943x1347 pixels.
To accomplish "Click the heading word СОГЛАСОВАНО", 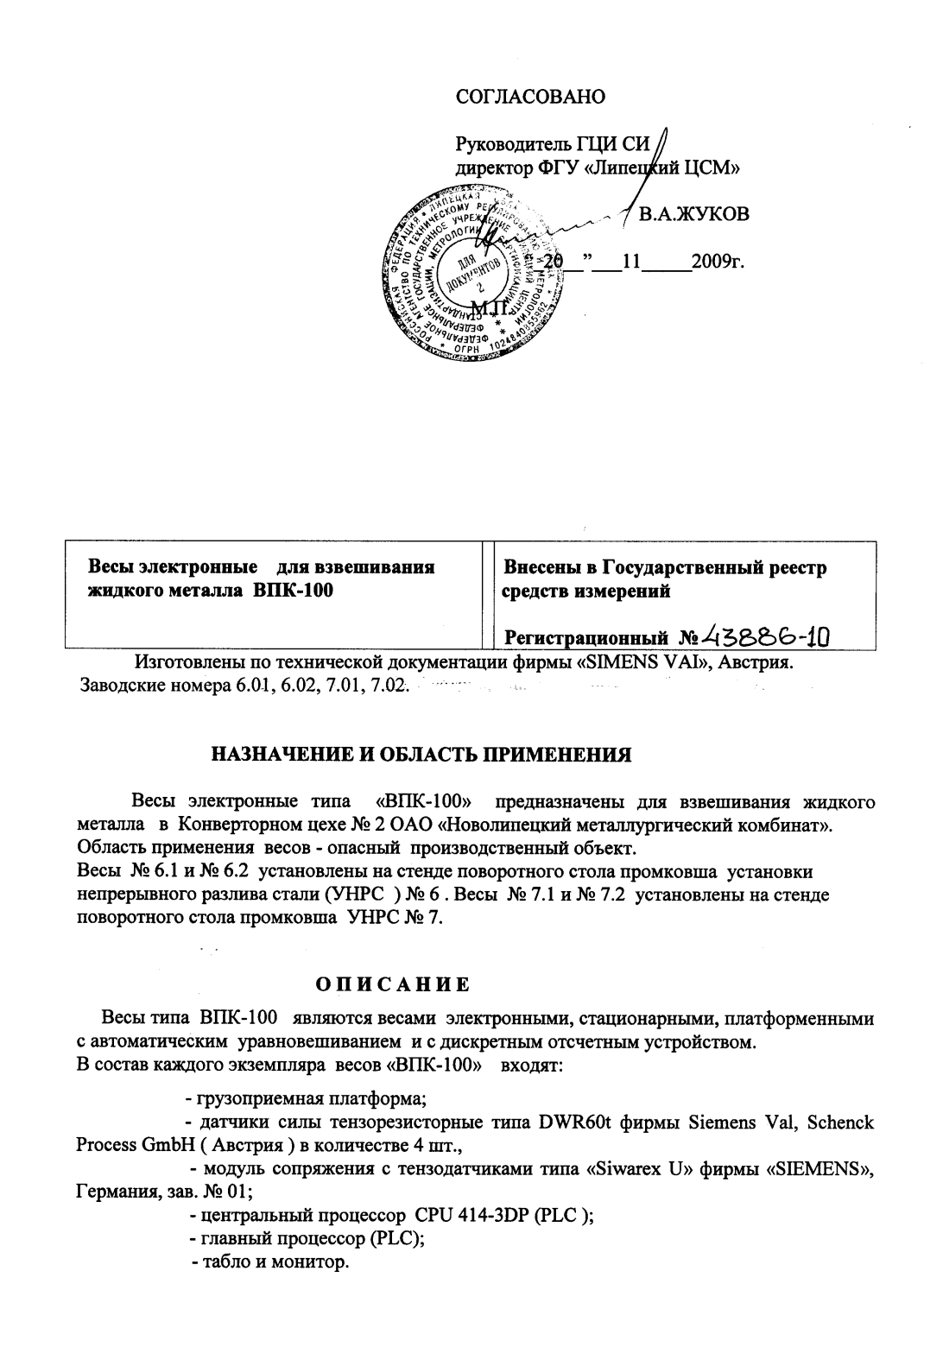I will coord(530,96).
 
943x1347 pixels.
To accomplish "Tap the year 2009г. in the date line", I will coord(718,262).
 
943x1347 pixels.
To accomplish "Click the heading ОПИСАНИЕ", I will coord(392,984).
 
